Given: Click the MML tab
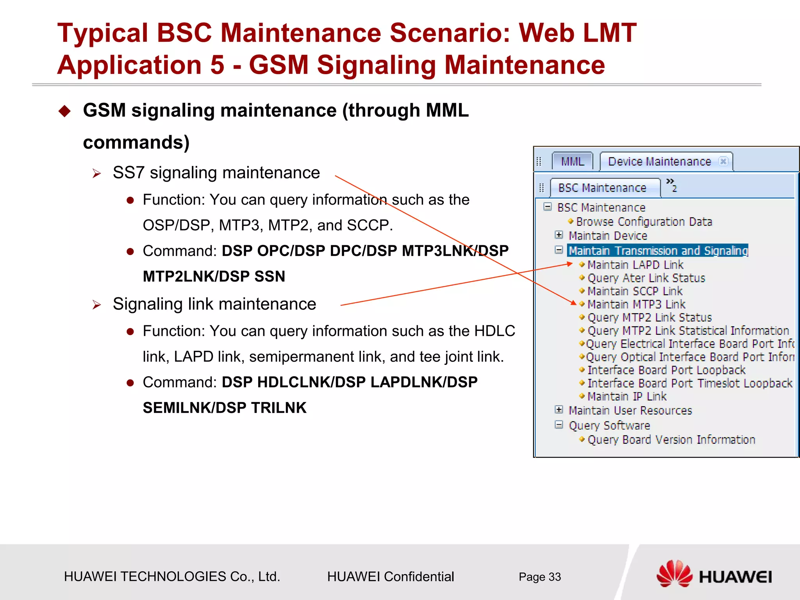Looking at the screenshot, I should pyautogui.click(x=572, y=162).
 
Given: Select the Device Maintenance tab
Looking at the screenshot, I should pyautogui.click(x=659, y=162).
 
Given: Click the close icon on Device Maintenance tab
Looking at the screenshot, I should pyautogui.click(x=723, y=161).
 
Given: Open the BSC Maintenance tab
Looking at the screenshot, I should pyautogui.click(x=602, y=188).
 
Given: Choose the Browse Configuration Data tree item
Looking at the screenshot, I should pyautogui.click(x=644, y=222).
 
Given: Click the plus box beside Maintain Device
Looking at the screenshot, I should pyautogui.click(x=559, y=235).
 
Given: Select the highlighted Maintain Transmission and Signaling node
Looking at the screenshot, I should pyautogui.click(x=658, y=250).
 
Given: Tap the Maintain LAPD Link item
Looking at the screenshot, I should pyautogui.click(x=635, y=265).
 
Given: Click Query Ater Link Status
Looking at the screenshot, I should pyautogui.click(x=646, y=278).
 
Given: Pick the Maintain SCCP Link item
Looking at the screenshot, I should pyautogui.click(x=635, y=291).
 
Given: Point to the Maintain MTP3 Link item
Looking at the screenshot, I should pyautogui.click(x=636, y=304).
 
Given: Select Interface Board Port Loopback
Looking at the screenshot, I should pyautogui.click(x=666, y=370).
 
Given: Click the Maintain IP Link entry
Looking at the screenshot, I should pyautogui.click(x=627, y=396).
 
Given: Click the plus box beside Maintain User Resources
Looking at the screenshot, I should pyautogui.click(x=559, y=410).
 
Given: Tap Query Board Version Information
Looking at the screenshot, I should pyautogui.click(x=671, y=440).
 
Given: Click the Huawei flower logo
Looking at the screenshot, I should pyautogui.click(x=674, y=573).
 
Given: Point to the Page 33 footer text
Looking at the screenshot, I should pyautogui.click(x=539, y=577).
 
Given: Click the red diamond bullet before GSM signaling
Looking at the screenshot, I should pyautogui.click(x=64, y=111).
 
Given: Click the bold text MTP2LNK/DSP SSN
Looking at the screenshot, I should pyautogui.click(x=214, y=277).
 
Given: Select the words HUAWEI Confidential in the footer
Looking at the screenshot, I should pyautogui.click(x=390, y=577).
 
